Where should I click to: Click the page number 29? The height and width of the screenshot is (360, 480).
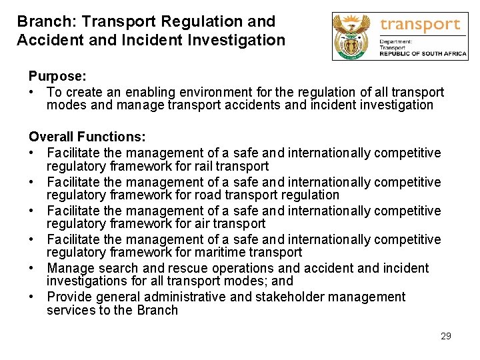pyautogui.click(x=446, y=336)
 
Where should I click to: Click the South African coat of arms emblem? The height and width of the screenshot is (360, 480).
pyautogui.click(x=354, y=36)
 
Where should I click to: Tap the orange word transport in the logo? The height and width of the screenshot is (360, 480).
pyautogui.click(x=420, y=25)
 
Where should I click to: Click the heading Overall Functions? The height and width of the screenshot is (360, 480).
pyautogui.click(x=87, y=137)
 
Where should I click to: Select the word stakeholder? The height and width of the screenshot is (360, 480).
pyautogui.click(x=281, y=297)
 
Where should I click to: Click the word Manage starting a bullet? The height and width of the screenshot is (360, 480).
pyautogui.click(x=71, y=268)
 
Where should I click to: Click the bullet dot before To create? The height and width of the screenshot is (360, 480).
pyautogui.click(x=33, y=92)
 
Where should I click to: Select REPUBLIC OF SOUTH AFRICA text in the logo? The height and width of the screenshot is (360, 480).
pyautogui.click(x=423, y=54)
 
